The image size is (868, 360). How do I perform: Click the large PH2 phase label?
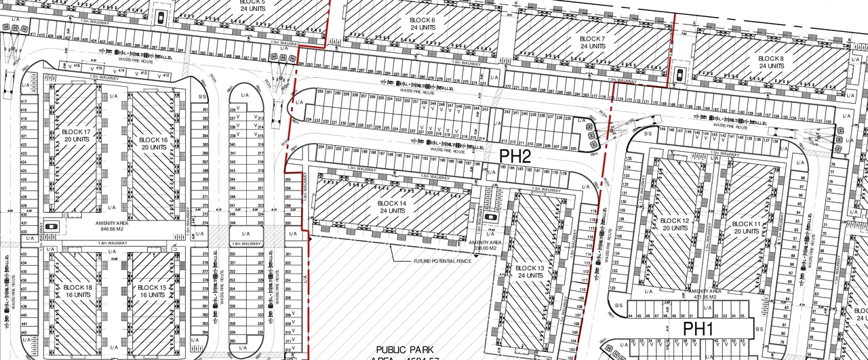point(515,156)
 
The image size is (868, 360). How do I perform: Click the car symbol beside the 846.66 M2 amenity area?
point(54,225)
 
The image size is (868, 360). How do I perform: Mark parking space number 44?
point(630,316)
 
